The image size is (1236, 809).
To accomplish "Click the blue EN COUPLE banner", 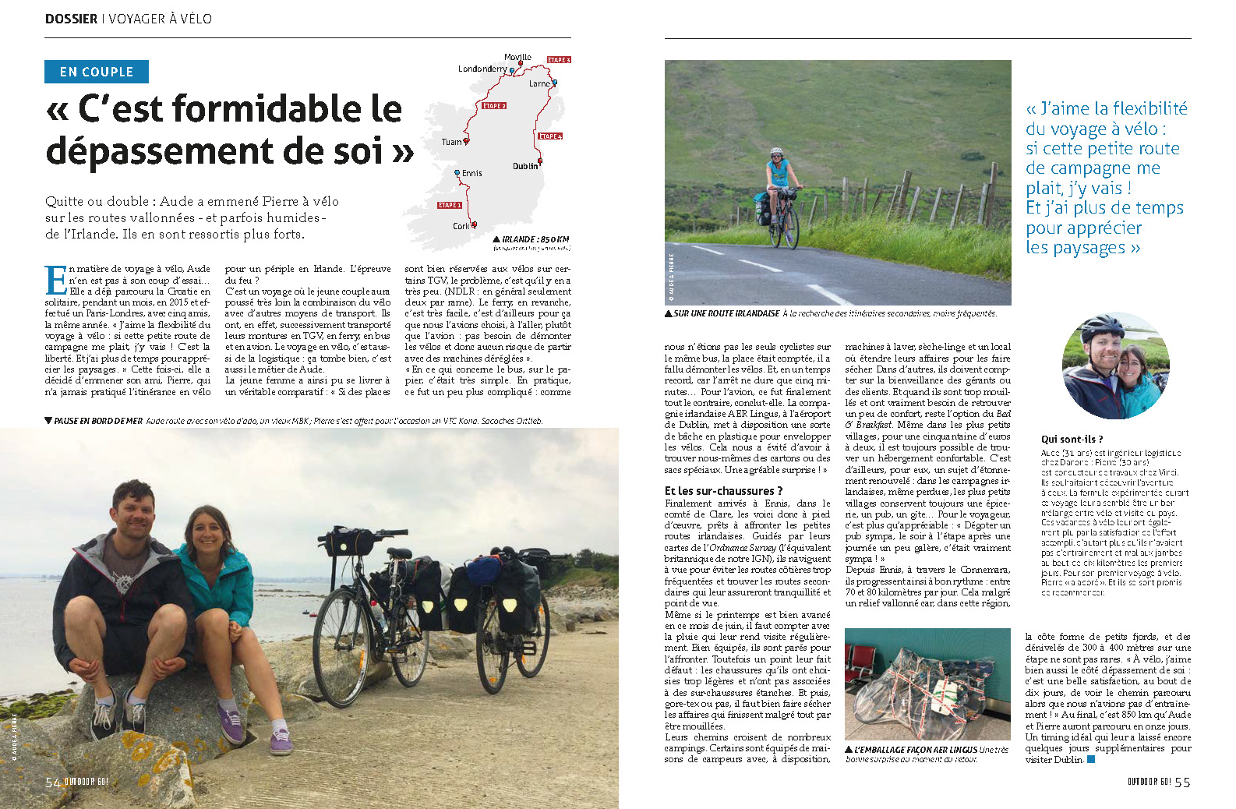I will [96, 72].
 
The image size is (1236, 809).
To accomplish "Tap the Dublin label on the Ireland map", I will [524, 166].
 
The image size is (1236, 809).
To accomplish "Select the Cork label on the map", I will [461, 226].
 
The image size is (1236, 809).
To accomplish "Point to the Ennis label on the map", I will [471, 173].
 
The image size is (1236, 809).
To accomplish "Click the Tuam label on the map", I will [451, 142].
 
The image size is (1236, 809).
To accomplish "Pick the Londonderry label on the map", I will [482, 69].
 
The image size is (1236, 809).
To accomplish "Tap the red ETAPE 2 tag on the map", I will [494, 105].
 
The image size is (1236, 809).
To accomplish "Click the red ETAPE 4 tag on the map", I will [549, 136].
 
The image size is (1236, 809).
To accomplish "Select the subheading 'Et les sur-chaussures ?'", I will [722, 491].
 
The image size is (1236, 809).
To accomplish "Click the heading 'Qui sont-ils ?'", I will [1072, 440].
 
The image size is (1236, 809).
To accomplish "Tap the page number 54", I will [52, 783].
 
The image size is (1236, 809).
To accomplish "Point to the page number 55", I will [1182, 783].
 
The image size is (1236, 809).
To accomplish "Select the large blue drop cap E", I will [56, 280].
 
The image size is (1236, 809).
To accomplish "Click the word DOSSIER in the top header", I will [71, 19].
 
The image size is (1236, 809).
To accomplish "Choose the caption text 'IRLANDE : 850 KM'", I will [535, 239].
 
